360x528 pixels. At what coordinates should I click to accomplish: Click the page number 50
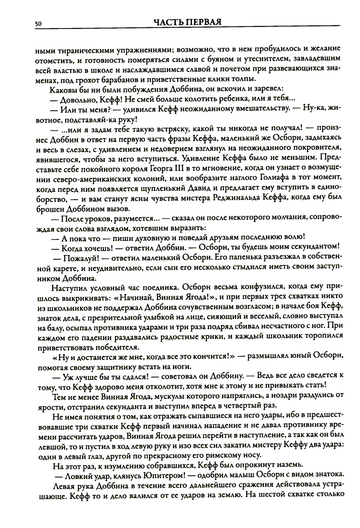(39, 23)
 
